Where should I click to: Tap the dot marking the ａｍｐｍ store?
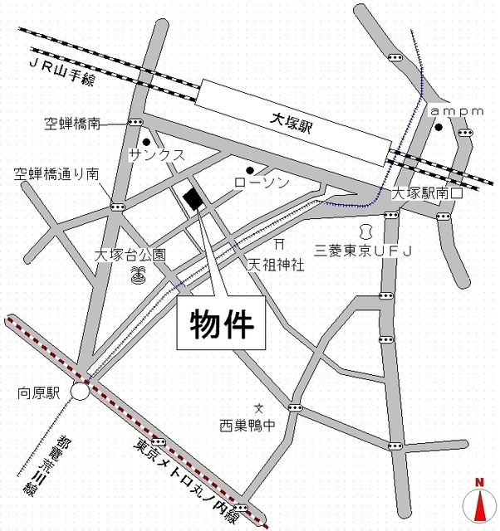click(438, 128)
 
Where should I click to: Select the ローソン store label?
click(261, 182)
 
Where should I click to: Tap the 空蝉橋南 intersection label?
click(71, 124)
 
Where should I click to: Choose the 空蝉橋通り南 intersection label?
click(56, 174)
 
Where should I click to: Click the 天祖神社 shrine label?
click(277, 266)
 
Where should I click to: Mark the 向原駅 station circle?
click(81, 391)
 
